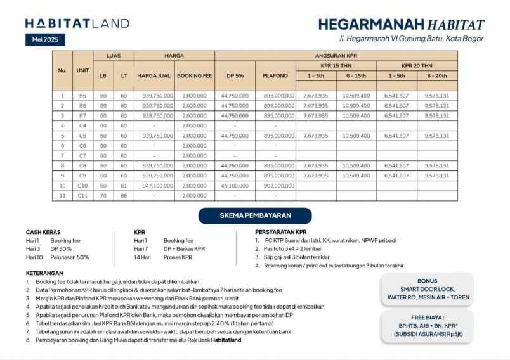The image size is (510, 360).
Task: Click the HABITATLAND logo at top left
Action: tap(77, 23)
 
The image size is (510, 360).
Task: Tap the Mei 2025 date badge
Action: tap(45, 40)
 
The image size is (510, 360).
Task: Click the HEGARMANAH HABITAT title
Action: tap(401, 25)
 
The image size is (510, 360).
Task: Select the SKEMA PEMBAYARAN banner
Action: tap(254, 216)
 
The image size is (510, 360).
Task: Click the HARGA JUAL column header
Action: tap(154, 76)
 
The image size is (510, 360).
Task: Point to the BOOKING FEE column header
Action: tap(194, 76)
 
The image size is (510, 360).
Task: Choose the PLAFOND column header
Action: tap(275, 76)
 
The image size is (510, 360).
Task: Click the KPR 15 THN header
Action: tap(336, 65)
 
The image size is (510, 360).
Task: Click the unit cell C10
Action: tap(82, 186)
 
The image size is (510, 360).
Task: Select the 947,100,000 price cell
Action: tap(154, 186)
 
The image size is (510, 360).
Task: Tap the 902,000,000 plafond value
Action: tap(275, 186)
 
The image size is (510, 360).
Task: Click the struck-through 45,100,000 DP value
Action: tap(235, 186)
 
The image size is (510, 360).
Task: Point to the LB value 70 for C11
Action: tap(103, 196)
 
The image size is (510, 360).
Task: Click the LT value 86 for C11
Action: tap(124, 196)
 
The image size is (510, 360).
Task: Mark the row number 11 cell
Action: tap(62, 196)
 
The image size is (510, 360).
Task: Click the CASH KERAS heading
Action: tap(43, 232)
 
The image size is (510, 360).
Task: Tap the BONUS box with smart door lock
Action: tap(427, 289)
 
